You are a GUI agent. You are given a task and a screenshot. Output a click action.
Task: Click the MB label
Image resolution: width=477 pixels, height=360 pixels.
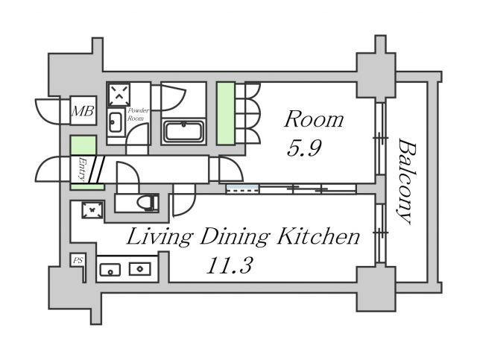(x=83, y=111)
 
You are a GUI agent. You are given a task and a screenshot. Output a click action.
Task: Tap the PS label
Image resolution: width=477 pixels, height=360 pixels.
(x=78, y=260)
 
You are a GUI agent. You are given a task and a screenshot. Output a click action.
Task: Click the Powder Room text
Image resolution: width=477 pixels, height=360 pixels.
(x=138, y=115)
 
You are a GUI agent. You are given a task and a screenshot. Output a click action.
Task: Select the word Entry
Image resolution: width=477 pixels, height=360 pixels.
(x=81, y=169)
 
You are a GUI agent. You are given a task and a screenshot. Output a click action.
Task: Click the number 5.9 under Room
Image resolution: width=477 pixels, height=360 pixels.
(x=304, y=148)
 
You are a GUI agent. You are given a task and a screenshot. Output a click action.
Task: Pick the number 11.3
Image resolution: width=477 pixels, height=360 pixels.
(x=229, y=265)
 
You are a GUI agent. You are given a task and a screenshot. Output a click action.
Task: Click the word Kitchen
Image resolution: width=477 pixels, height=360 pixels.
(x=318, y=237)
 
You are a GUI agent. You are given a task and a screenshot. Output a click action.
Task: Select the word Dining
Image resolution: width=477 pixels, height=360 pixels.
(x=235, y=238)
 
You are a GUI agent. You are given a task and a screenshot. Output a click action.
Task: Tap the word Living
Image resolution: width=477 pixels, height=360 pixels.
(x=159, y=238)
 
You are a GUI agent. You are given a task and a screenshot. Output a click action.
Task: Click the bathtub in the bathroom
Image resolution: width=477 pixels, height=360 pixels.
(x=184, y=132)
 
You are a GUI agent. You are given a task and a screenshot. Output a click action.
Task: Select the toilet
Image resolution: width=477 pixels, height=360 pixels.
(x=148, y=202)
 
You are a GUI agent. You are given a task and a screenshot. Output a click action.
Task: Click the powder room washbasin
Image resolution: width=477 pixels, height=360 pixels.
(x=116, y=122)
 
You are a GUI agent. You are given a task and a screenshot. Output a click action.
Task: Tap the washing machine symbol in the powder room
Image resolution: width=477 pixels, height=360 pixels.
(x=119, y=94)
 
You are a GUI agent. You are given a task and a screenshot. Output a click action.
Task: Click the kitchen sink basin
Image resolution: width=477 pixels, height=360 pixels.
(x=110, y=270)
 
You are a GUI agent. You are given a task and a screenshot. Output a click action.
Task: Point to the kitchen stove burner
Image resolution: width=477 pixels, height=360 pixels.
(x=140, y=269)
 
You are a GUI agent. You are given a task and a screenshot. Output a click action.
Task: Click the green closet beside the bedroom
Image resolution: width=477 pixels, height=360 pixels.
(x=226, y=113)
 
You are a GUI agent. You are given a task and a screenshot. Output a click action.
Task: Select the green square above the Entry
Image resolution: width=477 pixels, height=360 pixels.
(x=83, y=145)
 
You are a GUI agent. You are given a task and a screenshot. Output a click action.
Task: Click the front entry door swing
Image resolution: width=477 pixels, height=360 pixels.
(x=48, y=169)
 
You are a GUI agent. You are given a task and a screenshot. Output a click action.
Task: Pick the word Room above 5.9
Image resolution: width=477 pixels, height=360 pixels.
(x=315, y=119)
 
